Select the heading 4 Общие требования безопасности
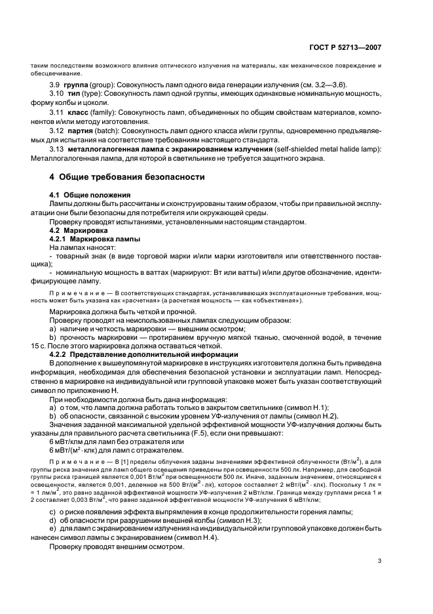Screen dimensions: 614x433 128,177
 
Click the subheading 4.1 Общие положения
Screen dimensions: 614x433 90,195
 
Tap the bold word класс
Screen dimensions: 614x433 85,113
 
